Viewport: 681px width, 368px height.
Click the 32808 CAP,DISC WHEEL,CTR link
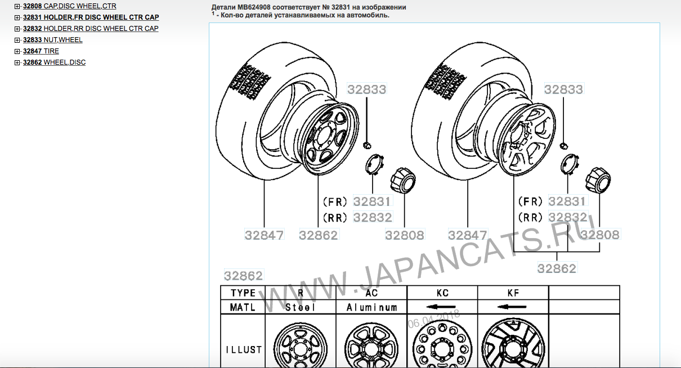click(70, 6)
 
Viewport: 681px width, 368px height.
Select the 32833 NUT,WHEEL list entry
click(52, 40)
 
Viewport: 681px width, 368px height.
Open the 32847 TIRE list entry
click(41, 51)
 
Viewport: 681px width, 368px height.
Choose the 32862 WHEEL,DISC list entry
click(55, 62)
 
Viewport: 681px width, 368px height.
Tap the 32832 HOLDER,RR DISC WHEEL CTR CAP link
click(91, 29)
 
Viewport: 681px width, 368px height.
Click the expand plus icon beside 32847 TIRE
click(17, 51)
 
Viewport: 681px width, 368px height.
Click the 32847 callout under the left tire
click(264, 235)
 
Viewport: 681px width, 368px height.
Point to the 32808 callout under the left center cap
click(405, 235)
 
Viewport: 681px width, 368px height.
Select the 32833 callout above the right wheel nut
click(563, 89)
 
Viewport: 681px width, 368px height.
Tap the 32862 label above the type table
click(243, 275)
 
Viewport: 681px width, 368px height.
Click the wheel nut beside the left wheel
click(367, 145)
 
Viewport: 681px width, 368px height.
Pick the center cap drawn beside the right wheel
click(598, 180)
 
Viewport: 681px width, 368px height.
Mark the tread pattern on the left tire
click(250, 82)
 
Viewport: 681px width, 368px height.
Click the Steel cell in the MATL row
click(300, 307)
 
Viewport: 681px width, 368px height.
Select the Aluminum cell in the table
click(372, 307)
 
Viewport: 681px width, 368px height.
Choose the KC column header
click(442, 293)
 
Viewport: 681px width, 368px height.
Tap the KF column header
click(513, 293)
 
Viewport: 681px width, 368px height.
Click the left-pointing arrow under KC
click(441, 307)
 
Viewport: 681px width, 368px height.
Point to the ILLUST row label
click(243, 350)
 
